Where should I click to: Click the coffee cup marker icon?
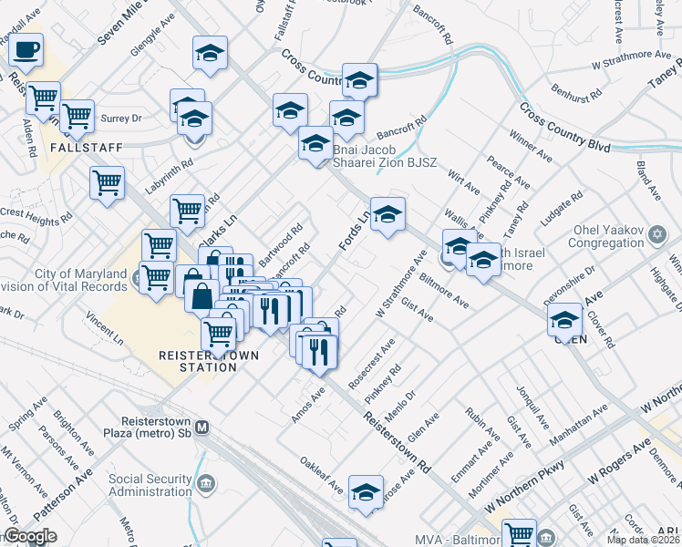[x=26, y=49]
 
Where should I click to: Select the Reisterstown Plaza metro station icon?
[x=203, y=427]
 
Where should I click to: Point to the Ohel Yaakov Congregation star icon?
[x=656, y=236]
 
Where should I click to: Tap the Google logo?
[x=31, y=536]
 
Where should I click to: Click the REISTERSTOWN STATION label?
[x=198, y=361]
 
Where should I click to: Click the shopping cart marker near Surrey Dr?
[x=78, y=116]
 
